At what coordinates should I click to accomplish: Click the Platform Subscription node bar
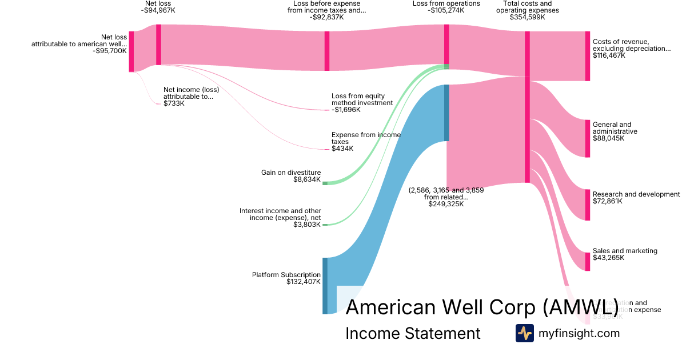tap(325, 286)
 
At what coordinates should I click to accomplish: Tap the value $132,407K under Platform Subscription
tap(304, 282)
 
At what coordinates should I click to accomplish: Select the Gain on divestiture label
tap(291, 173)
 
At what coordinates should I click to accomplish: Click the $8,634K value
tap(307, 179)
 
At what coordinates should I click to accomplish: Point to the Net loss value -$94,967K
tap(158, 10)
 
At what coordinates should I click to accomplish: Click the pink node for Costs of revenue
tap(587, 56)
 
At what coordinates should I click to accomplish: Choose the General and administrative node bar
tap(587, 138)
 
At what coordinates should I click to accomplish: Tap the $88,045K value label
tap(609, 138)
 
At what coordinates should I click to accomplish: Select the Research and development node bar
tap(587, 205)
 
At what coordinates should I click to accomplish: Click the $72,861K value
tap(609, 201)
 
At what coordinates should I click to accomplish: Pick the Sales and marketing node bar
tap(587, 261)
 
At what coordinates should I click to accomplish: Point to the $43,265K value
tap(609, 258)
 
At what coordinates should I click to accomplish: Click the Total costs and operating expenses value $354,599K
tap(527, 17)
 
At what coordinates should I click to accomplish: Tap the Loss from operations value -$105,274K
tap(446, 10)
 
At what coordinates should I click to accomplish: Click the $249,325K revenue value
tap(446, 204)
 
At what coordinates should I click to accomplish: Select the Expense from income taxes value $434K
tap(342, 149)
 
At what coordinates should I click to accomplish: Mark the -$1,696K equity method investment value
tap(348, 110)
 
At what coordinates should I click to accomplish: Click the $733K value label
tap(174, 103)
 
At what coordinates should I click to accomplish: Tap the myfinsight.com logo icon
tap(524, 333)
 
